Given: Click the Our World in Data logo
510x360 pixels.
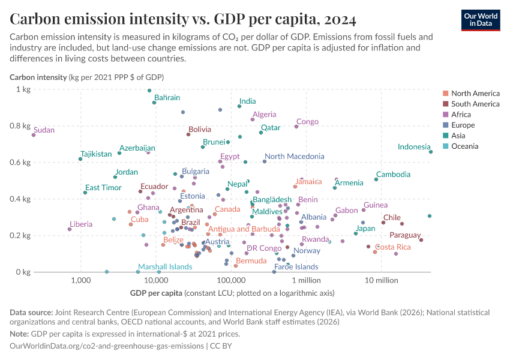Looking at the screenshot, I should (481, 20).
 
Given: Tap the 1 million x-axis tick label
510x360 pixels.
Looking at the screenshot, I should (307, 280).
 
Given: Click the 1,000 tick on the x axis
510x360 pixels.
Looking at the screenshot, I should (80, 280).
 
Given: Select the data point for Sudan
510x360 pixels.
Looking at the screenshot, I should (34, 135).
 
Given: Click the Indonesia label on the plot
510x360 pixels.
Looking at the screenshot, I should (414, 147).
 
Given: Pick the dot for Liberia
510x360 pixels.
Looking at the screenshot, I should (70, 229).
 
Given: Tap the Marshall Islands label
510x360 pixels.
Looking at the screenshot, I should (165, 267).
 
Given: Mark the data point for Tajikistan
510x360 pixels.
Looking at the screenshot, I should (80, 159).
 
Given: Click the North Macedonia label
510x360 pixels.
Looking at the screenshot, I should (294, 157).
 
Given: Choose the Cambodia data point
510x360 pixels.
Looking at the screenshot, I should (376, 179).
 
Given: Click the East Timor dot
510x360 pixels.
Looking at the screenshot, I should (85, 193).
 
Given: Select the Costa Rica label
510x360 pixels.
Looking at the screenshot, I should (393, 247).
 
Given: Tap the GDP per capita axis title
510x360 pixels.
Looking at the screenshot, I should (156, 293).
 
